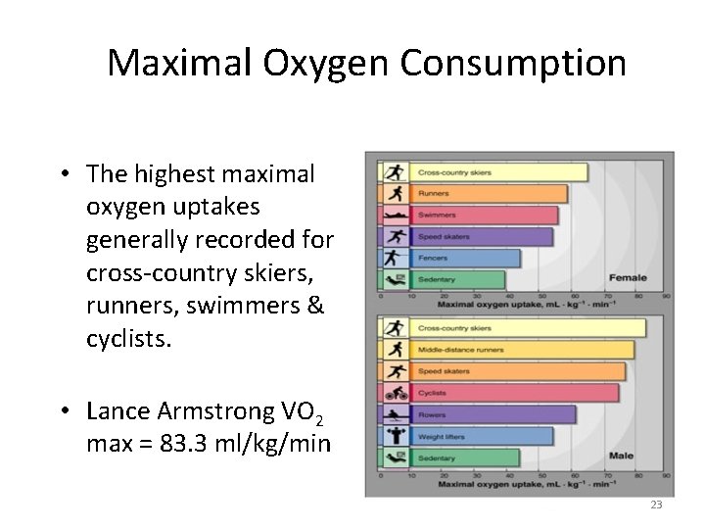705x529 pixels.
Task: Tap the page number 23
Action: [656, 505]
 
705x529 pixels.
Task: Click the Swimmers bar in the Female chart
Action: [484, 216]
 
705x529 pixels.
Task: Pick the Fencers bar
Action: [465, 259]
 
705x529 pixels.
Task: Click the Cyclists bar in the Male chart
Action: [514, 393]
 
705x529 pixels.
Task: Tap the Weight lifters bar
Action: [480, 436]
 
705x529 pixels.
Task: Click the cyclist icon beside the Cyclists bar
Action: [396, 393]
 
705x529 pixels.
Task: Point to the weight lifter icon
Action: [396, 436]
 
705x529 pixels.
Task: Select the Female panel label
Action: [628, 278]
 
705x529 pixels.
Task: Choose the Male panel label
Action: [620, 456]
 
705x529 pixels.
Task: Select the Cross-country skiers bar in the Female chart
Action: [498, 172]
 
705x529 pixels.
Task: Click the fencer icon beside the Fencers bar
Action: [396, 259]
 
